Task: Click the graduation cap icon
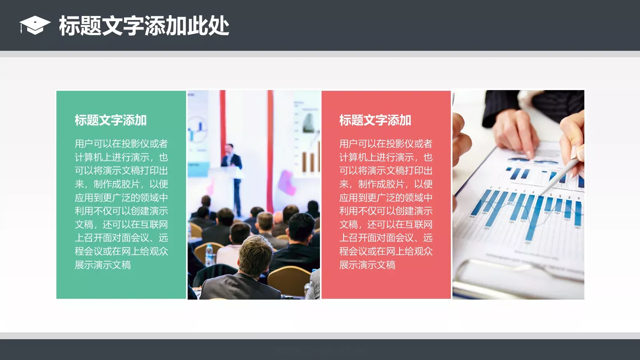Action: click(34, 26)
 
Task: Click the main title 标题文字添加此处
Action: click(144, 26)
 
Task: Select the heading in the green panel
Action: click(110, 120)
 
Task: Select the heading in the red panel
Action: click(375, 120)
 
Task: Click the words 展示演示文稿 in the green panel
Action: click(103, 265)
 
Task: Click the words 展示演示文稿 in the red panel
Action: click(367, 265)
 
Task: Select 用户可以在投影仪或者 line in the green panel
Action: click(121, 144)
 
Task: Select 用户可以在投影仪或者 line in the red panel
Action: click(386, 144)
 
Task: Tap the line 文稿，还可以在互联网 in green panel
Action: click(121, 224)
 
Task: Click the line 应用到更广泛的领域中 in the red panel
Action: click(386, 198)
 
